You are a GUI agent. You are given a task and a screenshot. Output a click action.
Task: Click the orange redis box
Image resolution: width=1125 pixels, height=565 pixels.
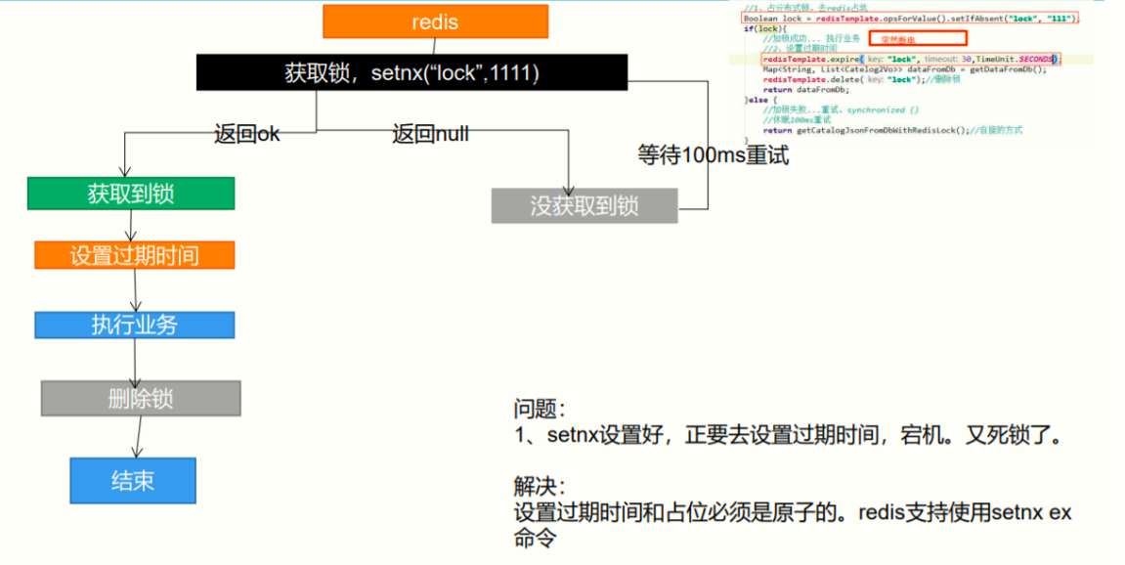pyautogui.click(x=435, y=22)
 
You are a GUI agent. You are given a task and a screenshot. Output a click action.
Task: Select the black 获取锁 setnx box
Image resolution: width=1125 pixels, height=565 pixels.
pyautogui.click(x=411, y=73)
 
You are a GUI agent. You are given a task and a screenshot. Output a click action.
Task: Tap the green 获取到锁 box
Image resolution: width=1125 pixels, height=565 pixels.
pyautogui.click(x=131, y=194)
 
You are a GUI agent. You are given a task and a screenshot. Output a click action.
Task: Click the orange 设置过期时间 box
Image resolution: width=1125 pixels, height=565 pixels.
pyautogui.click(x=134, y=256)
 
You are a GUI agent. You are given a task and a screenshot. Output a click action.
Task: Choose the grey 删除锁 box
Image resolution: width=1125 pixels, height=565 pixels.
pyautogui.click(x=141, y=398)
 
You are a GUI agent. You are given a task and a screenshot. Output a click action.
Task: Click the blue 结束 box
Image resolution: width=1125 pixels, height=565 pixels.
pyautogui.click(x=133, y=480)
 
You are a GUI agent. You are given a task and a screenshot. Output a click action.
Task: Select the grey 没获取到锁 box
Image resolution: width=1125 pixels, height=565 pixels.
pyautogui.click(x=584, y=205)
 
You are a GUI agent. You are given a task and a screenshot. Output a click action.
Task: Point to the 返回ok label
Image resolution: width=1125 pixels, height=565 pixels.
pyautogui.click(x=246, y=134)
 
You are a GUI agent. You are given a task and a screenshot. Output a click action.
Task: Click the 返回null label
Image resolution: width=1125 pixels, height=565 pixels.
pyautogui.click(x=430, y=134)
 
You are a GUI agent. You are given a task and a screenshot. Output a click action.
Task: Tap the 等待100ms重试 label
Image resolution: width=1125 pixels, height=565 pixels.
pyautogui.click(x=713, y=154)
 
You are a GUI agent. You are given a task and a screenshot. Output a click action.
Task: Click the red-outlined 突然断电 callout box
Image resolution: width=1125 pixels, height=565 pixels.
pyautogui.click(x=918, y=39)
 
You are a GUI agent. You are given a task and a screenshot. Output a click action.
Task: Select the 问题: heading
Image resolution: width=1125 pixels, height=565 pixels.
pyautogui.click(x=540, y=409)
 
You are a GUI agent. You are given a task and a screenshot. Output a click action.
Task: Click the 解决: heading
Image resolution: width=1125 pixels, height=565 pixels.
pyautogui.click(x=540, y=486)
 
